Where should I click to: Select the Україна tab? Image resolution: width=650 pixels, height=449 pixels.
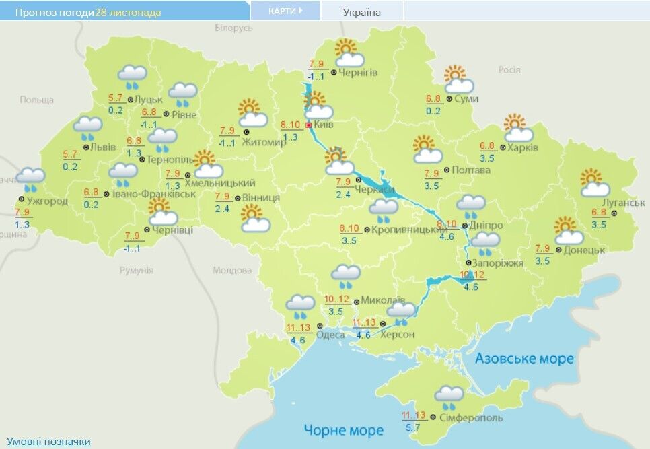[362, 12]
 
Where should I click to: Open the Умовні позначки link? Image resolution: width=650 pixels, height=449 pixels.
[48, 442]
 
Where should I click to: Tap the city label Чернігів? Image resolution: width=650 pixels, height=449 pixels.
[358, 73]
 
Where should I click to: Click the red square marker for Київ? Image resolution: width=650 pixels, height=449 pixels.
[309, 125]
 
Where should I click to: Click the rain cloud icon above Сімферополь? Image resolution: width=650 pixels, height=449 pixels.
[449, 396]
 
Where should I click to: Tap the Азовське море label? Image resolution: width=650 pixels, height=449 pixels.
[524, 359]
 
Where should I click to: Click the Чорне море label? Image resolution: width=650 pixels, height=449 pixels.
[343, 430]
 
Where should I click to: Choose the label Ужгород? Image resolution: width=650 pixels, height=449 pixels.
[47, 201]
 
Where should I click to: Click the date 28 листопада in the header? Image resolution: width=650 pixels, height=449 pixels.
[129, 13]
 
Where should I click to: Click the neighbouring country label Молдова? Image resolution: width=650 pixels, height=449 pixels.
[231, 270]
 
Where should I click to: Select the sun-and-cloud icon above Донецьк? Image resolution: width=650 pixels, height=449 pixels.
[569, 232]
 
